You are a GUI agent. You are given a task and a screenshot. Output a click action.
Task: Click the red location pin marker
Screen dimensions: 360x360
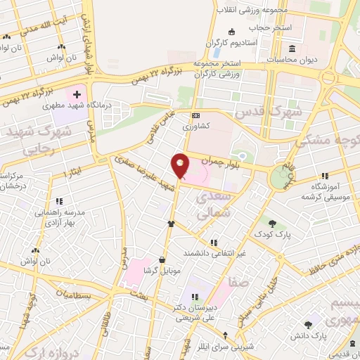pyautogui.click(x=181, y=166)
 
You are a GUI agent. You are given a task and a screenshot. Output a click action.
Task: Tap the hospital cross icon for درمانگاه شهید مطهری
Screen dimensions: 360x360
pyautogui.click(x=77, y=94)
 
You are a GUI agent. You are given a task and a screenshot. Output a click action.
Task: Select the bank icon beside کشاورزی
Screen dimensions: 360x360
pyautogui.click(x=195, y=116)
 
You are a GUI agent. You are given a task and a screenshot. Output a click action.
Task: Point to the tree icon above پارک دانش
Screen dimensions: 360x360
pyautogui.click(x=307, y=325)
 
